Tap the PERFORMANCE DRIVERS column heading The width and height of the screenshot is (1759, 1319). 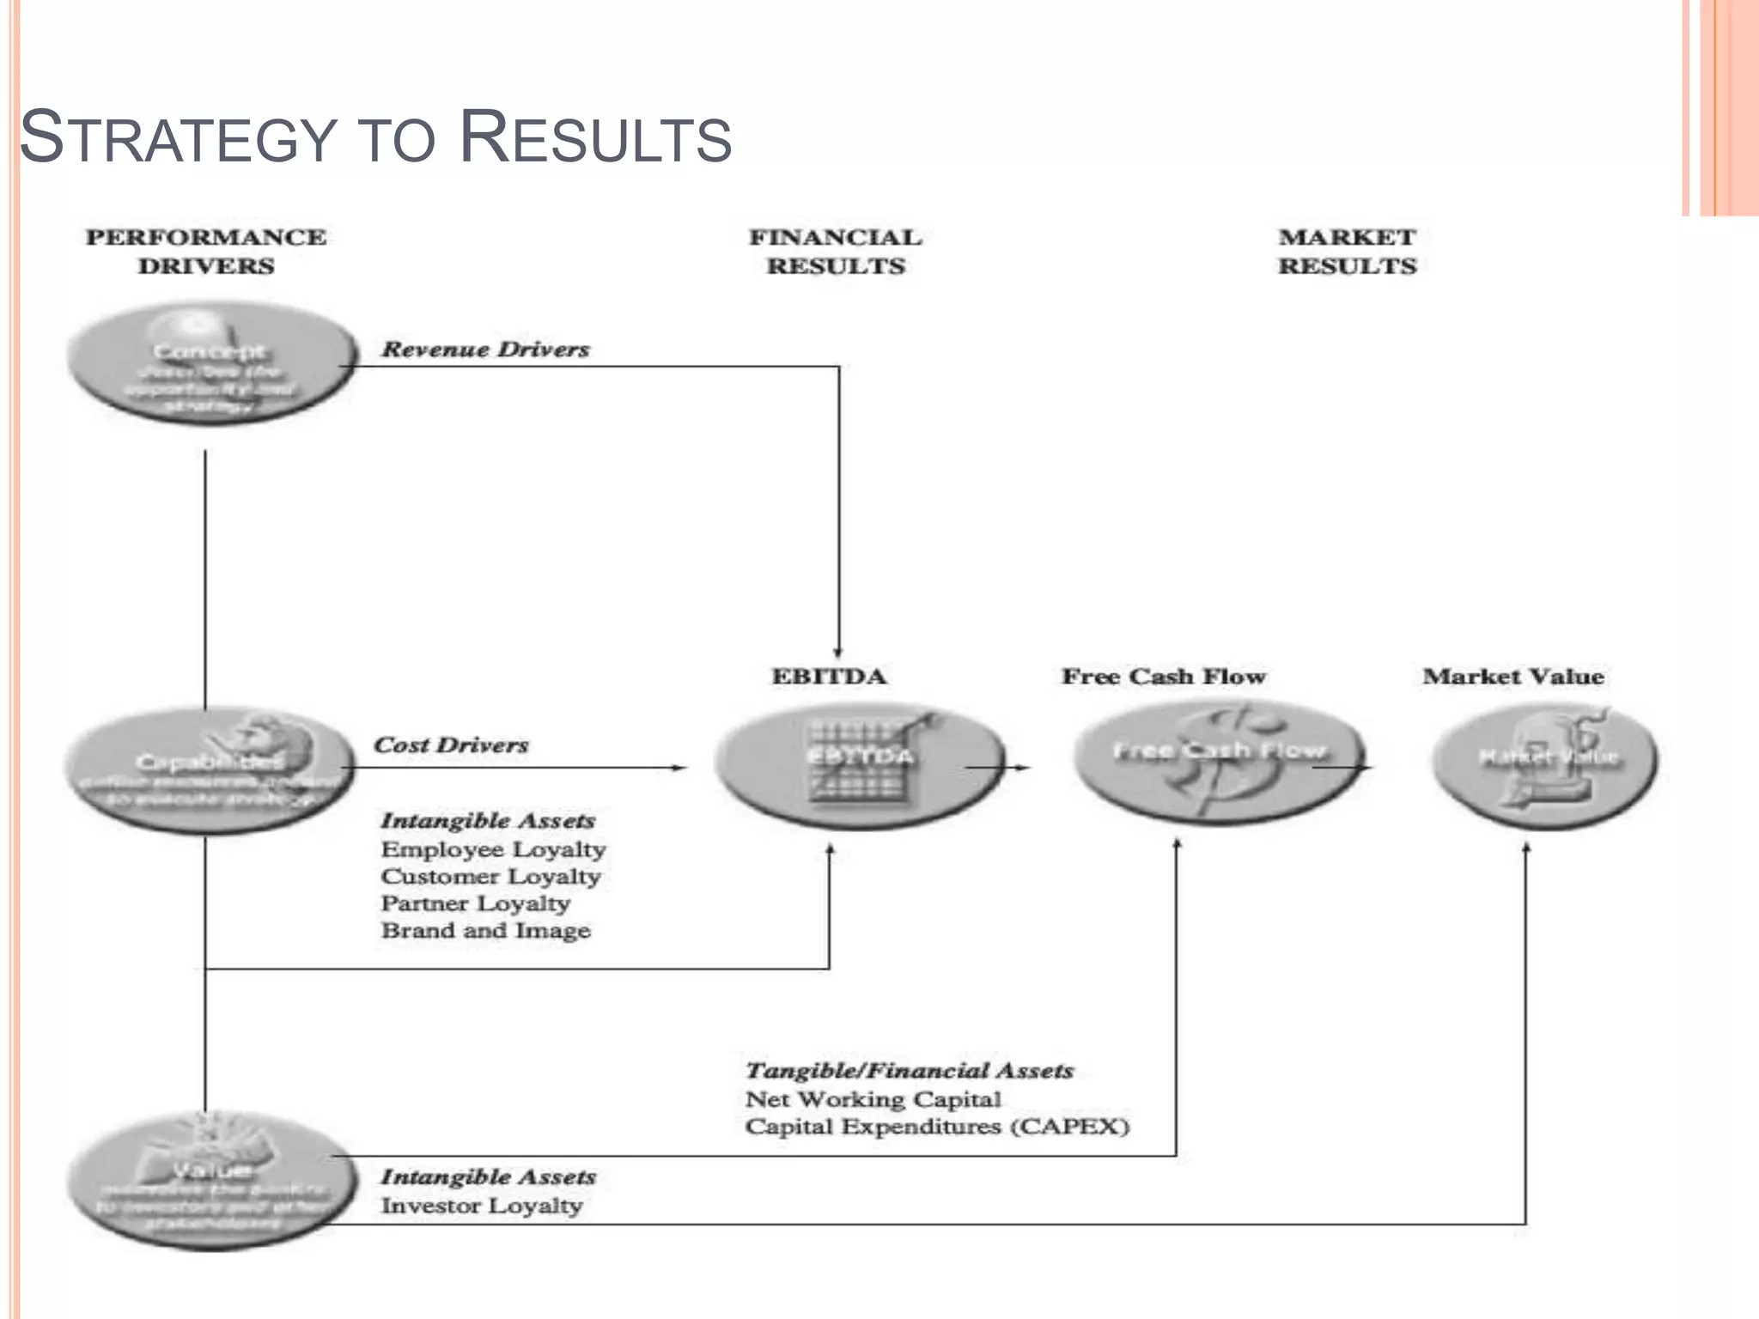pos(206,252)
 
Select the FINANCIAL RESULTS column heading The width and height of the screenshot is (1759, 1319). pos(835,252)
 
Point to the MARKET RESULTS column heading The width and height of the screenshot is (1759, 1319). pos(1347,252)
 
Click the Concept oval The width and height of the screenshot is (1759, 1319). pos(210,363)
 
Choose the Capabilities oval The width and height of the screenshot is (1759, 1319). pos(209,769)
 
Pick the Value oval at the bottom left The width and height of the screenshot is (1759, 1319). pos(209,1181)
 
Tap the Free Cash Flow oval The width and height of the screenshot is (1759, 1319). pos(1218,761)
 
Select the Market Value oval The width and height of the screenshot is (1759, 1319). pos(1544,764)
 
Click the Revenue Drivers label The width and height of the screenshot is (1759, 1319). pos(485,350)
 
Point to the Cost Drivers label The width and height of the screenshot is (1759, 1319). pos(451,745)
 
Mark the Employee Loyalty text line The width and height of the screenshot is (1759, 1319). pos(493,849)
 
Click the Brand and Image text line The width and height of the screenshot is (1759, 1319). pos(485,931)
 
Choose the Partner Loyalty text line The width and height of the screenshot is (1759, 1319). pos(475,903)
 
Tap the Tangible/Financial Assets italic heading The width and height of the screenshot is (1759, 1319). pos(909,1071)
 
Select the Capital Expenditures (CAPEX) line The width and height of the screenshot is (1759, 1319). pos(936,1127)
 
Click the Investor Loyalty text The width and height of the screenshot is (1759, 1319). pos(481,1206)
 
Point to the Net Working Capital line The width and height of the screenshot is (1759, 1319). pos(873,1099)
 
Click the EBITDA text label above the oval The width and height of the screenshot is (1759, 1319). pos(829,677)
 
